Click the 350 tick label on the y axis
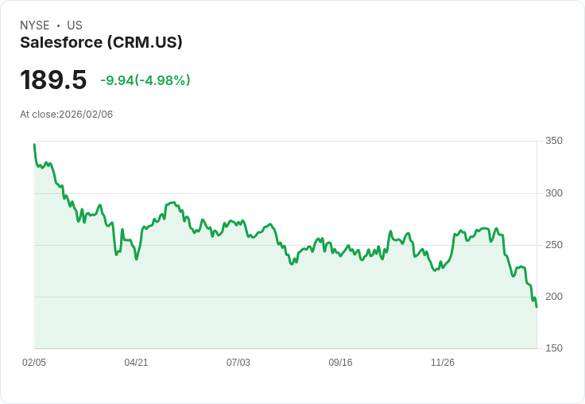(x=553, y=141)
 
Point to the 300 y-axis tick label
(x=553, y=193)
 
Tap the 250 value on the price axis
(x=553, y=245)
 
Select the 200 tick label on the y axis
(x=553, y=297)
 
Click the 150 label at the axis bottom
(x=553, y=348)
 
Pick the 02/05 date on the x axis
(x=34, y=363)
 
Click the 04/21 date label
(x=136, y=363)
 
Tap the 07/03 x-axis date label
(x=238, y=363)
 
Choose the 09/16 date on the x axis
(x=340, y=363)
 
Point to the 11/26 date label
(x=443, y=363)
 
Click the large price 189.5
(x=53, y=80)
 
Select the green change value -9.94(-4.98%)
(x=145, y=80)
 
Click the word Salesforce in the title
(x=61, y=42)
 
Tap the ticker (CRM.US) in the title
(x=145, y=42)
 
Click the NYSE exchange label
(x=34, y=25)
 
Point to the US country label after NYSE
(x=75, y=25)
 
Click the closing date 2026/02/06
(x=86, y=115)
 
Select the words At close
(x=38, y=115)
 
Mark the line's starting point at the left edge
(x=34, y=145)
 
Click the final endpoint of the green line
(x=537, y=307)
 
